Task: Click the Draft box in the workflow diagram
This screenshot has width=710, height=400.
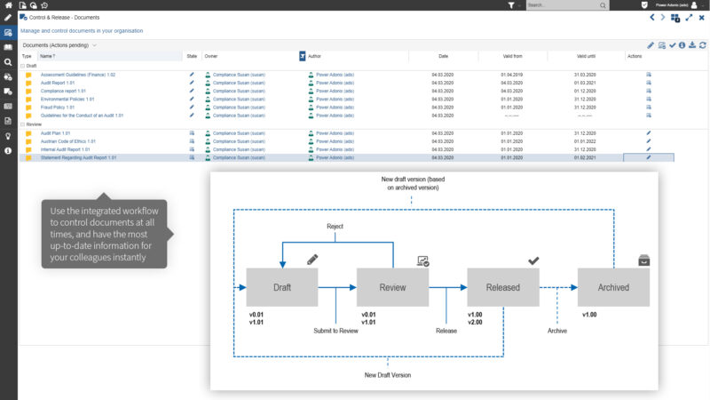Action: point(281,287)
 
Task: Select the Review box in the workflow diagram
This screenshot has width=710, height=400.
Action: point(391,287)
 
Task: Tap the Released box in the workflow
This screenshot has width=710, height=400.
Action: point(502,287)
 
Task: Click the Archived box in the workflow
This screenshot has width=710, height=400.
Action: point(612,287)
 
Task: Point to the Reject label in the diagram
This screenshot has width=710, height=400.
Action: point(335,227)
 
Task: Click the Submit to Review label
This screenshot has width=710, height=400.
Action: point(335,331)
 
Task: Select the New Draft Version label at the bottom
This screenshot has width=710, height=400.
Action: point(387,375)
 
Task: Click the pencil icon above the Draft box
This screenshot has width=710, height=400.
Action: point(312,260)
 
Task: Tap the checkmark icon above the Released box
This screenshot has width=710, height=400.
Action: point(532,260)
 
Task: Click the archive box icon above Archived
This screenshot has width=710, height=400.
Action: point(643,260)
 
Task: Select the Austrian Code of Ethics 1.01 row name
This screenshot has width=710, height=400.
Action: point(68,141)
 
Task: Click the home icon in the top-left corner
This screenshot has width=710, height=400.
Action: point(8,5)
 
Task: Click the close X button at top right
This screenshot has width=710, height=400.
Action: point(701,17)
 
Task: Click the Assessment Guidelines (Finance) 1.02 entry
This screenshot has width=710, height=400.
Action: point(78,75)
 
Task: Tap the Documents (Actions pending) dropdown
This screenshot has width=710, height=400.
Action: point(60,44)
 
